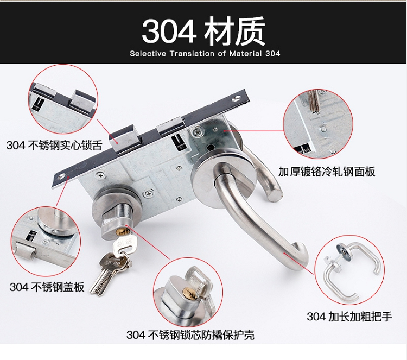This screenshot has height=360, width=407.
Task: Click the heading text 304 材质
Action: (x=203, y=30)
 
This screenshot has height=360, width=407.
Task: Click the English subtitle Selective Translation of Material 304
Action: (x=205, y=54)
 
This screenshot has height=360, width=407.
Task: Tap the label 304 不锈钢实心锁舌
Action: (x=54, y=145)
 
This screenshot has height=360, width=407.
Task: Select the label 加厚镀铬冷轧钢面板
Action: (x=327, y=172)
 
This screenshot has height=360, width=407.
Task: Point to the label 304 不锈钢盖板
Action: (x=47, y=287)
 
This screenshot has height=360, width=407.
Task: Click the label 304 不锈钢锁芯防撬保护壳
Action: (x=190, y=334)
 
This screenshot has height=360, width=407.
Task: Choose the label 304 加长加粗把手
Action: (x=349, y=317)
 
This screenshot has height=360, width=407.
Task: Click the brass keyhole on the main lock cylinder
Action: (x=123, y=231)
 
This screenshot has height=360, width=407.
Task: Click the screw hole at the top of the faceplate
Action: (x=237, y=98)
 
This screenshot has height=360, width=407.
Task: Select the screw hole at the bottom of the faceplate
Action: (x=62, y=176)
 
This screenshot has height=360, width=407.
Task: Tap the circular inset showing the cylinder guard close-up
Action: (x=188, y=292)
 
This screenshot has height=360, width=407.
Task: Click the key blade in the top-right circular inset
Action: (x=314, y=102)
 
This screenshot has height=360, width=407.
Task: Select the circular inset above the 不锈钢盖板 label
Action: (x=46, y=242)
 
